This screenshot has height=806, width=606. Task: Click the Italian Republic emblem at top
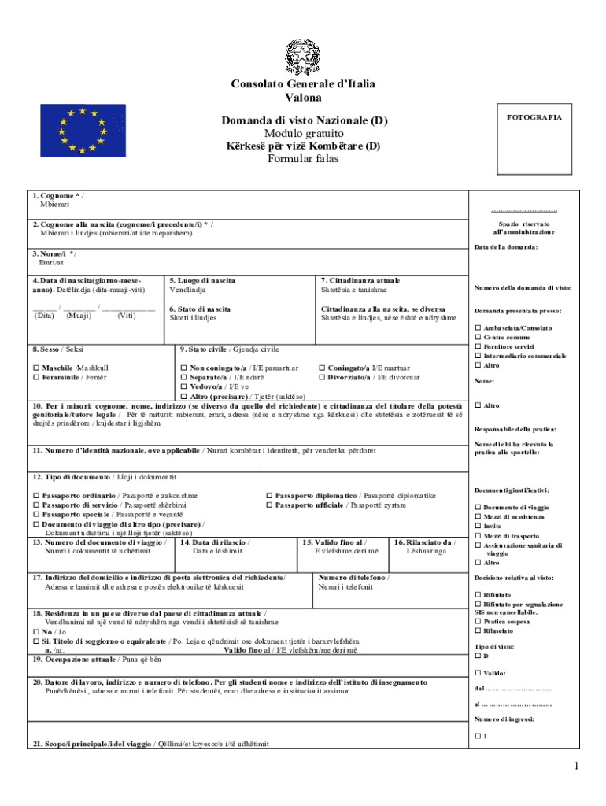click(x=302, y=57)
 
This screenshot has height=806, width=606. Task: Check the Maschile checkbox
click(x=36, y=368)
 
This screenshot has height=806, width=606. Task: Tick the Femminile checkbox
click(x=36, y=378)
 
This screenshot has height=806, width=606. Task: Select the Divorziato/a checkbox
click(x=322, y=378)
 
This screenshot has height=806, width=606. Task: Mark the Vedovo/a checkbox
click(x=184, y=387)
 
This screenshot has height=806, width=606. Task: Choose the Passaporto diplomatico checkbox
click(x=269, y=496)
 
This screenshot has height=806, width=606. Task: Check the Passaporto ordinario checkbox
click(x=36, y=496)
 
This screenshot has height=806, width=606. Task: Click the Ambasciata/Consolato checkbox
click(x=478, y=327)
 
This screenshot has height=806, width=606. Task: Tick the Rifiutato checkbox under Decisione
click(x=478, y=595)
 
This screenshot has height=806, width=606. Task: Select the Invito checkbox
click(x=478, y=526)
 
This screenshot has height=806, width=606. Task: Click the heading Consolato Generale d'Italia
click(x=302, y=84)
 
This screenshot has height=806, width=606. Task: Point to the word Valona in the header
click(x=302, y=98)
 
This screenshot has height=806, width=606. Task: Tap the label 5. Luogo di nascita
click(x=201, y=280)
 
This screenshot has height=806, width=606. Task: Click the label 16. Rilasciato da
click(x=425, y=542)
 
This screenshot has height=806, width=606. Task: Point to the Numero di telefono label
click(x=353, y=578)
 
